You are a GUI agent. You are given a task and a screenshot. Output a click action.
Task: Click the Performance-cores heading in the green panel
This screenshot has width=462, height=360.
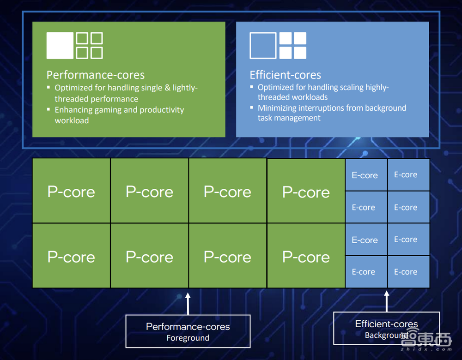pyautogui.click(x=95, y=75)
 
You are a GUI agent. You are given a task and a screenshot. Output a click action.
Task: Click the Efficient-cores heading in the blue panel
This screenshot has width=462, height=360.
pyautogui.click(x=285, y=75)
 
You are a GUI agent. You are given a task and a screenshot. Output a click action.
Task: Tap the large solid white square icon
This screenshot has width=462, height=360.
pyautogui.click(x=60, y=46)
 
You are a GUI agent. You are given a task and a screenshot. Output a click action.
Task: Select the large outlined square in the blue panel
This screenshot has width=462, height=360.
pyautogui.click(x=263, y=46)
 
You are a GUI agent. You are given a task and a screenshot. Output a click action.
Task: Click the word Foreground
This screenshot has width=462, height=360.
pyautogui.click(x=188, y=338)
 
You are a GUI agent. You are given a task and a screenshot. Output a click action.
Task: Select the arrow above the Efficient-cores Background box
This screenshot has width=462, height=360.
pyautogui.click(x=387, y=301)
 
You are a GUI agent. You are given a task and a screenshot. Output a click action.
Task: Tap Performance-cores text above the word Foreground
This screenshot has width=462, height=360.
pyautogui.click(x=188, y=327)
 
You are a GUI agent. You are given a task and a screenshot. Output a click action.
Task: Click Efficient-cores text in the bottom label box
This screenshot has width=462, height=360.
pyautogui.click(x=387, y=324)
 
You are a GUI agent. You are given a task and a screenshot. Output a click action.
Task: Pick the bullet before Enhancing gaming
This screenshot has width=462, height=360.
pyautogui.click(x=48, y=110)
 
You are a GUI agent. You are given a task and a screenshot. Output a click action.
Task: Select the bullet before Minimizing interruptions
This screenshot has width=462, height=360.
pyautogui.click(x=252, y=108)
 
